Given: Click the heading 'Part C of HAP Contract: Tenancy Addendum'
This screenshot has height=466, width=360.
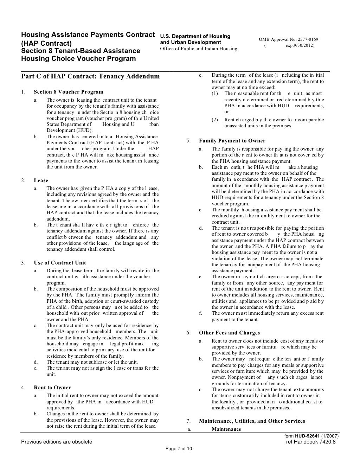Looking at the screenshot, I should (x=90, y=76).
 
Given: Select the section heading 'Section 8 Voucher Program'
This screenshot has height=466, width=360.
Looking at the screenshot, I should (x=69, y=92).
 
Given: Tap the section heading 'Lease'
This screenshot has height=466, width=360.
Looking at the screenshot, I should (x=41, y=180).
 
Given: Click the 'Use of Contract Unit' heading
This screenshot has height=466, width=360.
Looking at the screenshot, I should (x=60, y=263).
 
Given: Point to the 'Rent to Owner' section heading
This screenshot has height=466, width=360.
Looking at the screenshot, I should (x=52, y=388).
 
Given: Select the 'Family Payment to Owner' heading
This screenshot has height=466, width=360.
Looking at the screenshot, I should (x=232, y=141).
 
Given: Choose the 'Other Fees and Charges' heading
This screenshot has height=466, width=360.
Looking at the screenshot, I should (x=229, y=333).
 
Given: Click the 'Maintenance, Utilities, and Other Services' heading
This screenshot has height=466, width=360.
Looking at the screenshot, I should (x=252, y=421).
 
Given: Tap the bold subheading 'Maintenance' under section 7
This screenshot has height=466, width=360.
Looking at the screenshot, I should (x=226, y=429).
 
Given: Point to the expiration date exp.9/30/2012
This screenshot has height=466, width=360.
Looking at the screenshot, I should (x=300, y=45).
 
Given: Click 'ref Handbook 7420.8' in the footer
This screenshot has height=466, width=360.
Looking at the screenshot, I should (x=311, y=442).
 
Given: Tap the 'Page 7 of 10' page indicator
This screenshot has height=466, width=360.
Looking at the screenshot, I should (x=179, y=448).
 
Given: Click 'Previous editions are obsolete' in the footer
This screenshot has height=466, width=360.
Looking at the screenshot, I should (x=57, y=442).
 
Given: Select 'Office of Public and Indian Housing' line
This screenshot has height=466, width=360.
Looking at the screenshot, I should (x=199, y=49).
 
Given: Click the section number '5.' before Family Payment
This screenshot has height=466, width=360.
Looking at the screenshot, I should (x=188, y=141).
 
